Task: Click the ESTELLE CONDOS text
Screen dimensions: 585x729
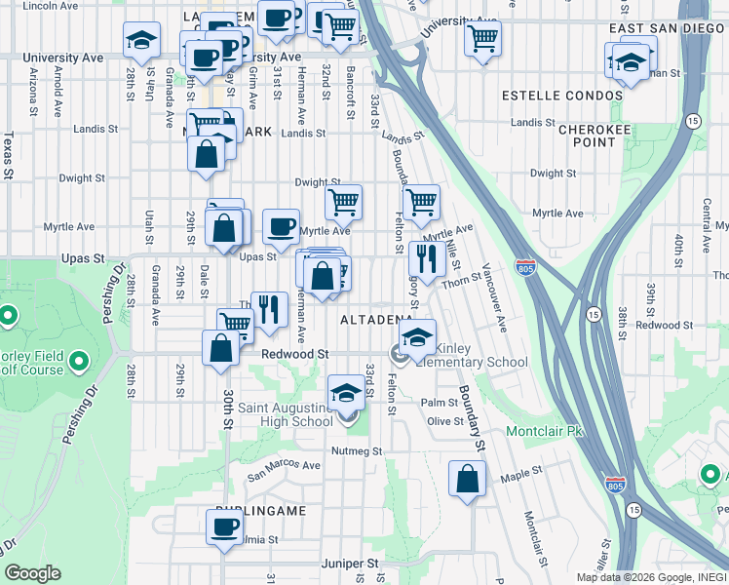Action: (x=561, y=96)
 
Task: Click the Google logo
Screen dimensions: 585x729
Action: (x=32, y=573)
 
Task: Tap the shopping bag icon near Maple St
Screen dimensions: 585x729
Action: (x=468, y=479)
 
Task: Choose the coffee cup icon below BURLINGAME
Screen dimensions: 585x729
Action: (x=224, y=526)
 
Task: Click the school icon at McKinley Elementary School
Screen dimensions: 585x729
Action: (x=416, y=337)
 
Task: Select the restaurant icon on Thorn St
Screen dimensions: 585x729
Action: (x=426, y=258)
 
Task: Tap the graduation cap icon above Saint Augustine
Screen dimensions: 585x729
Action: (x=345, y=392)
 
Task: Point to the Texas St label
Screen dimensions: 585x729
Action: (x=8, y=156)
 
